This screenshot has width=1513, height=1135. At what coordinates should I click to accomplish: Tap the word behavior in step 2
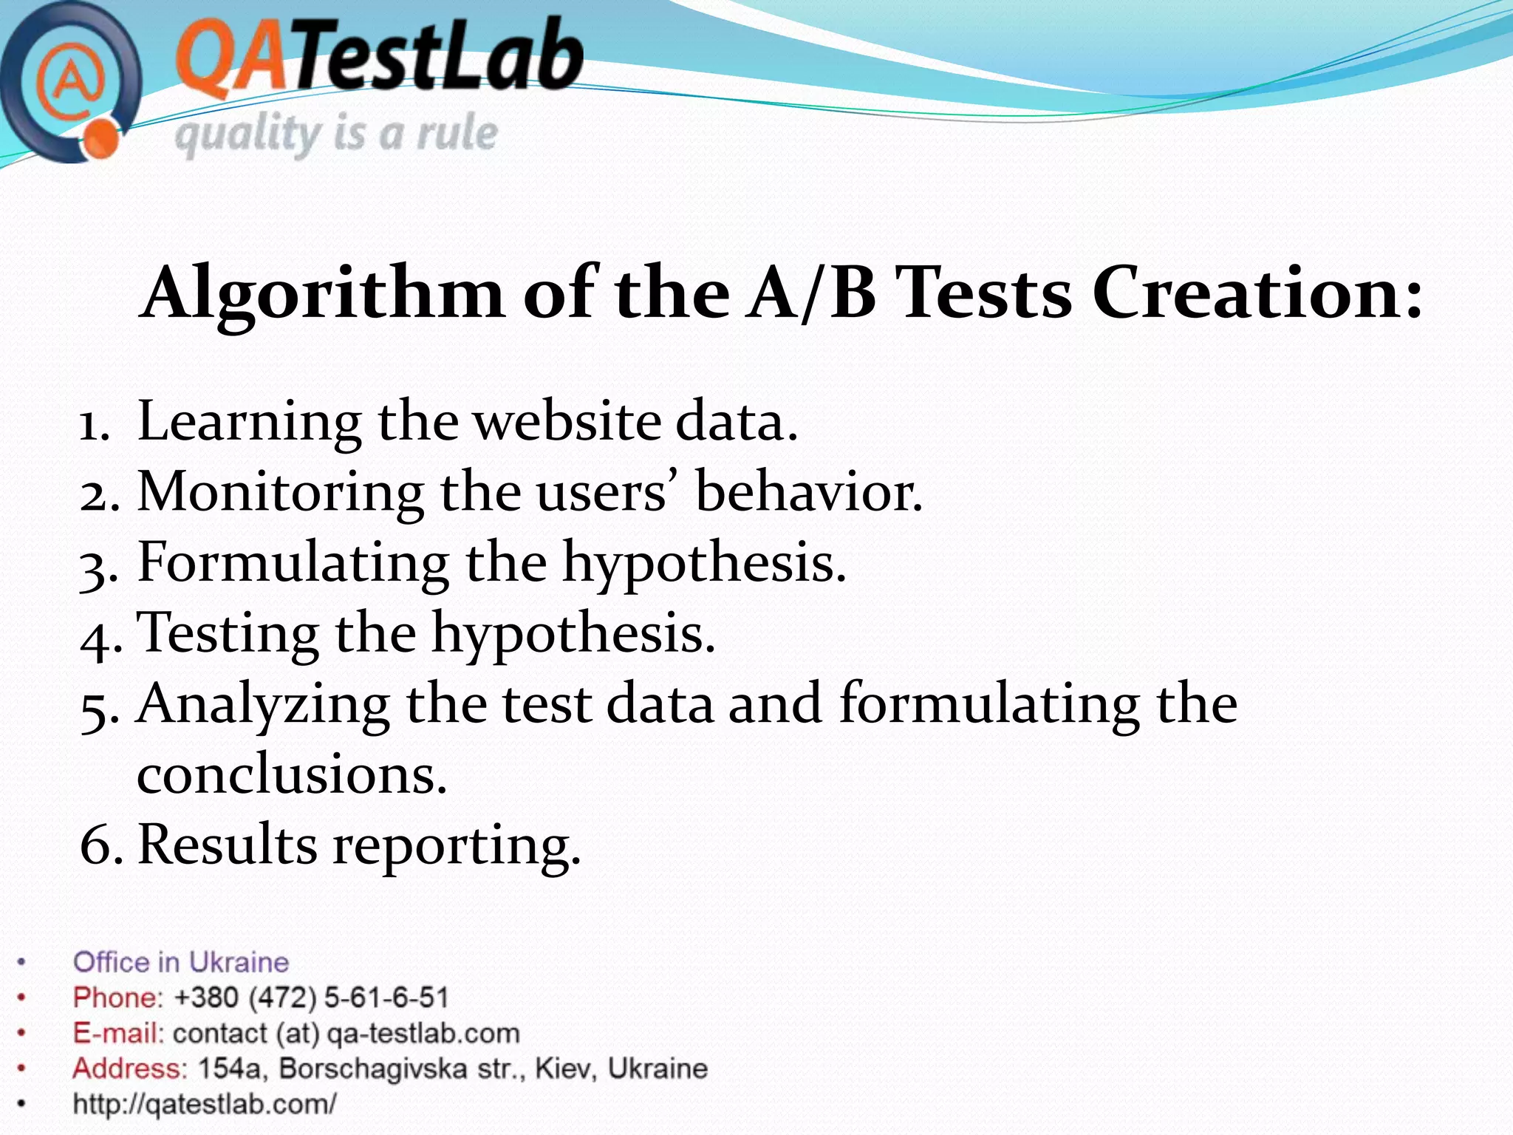pos(808,491)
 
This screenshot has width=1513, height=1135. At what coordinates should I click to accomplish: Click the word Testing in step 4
pos(230,633)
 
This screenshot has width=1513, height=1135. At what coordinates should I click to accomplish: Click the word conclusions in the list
pos(292,775)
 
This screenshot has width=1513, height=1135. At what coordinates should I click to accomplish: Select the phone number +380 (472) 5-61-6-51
pos(311,998)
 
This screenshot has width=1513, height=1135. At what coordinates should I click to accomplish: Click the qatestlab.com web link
pos(205,1104)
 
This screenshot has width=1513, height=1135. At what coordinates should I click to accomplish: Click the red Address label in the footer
pos(129,1068)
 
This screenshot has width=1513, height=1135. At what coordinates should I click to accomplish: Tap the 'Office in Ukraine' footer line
pos(181,962)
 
